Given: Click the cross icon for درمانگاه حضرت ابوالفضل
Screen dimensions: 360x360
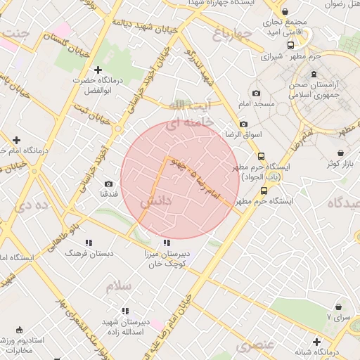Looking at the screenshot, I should click(x=98, y=70).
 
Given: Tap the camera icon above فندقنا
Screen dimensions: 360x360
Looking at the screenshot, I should click(x=108, y=184).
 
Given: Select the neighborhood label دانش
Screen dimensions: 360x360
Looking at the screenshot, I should click(x=155, y=201).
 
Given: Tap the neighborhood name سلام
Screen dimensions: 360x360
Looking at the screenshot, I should click(x=119, y=286).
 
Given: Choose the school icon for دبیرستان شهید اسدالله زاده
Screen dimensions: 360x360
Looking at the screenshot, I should click(x=125, y=310).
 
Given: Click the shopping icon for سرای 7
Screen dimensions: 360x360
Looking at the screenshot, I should click(x=339, y=307).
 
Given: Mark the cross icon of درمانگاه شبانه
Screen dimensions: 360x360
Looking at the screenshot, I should click(x=317, y=342).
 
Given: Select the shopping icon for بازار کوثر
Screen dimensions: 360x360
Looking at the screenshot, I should click(x=341, y=153).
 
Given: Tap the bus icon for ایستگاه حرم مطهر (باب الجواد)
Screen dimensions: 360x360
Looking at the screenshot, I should click(x=262, y=157).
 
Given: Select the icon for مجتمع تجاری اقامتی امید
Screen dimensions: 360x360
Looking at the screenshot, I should click(x=285, y=12).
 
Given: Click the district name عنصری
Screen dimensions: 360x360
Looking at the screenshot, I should click(x=254, y=345).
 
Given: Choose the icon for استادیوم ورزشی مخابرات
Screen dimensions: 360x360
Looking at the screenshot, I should click(x=19, y=330).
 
